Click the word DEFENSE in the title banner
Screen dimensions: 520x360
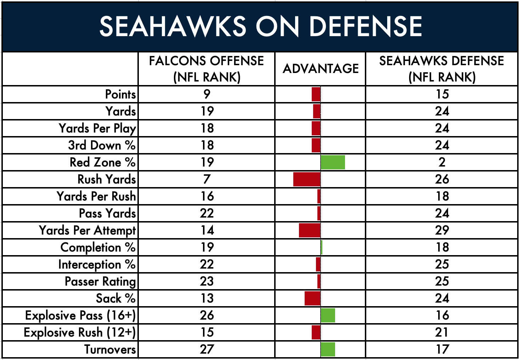click(366, 26)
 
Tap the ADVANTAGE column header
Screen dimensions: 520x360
click(321, 68)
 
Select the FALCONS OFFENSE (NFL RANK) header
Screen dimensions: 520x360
click(207, 69)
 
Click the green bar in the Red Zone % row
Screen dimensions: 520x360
click(333, 162)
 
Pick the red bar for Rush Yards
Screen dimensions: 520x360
click(307, 179)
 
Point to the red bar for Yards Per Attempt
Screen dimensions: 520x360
click(310, 230)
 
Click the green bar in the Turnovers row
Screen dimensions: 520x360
click(328, 349)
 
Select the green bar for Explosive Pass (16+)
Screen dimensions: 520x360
click(328, 315)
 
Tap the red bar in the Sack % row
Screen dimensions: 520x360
click(312, 298)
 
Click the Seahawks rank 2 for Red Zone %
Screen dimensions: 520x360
click(442, 162)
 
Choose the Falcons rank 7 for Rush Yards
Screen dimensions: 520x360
click(207, 179)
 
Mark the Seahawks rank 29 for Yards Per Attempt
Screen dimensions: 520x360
click(442, 230)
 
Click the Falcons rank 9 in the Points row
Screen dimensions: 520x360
click(207, 94)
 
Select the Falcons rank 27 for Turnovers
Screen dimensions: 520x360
click(207, 349)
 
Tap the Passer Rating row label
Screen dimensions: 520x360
click(100, 282)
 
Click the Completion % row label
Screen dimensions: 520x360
click(98, 247)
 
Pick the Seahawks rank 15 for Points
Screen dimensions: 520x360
click(442, 94)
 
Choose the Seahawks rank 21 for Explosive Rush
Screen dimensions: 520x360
click(442, 332)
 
